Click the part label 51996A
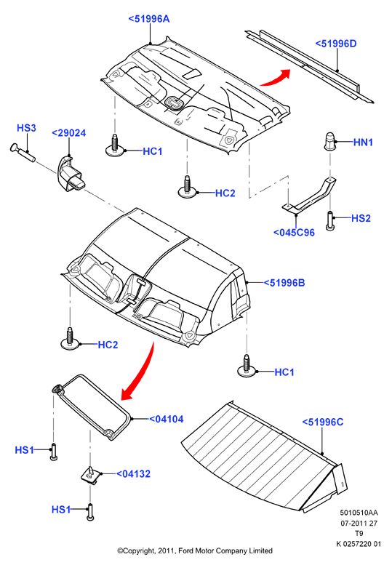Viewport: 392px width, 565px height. [x=149, y=19]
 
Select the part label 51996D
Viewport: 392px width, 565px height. [x=336, y=44]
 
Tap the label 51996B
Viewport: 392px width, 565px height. [x=284, y=283]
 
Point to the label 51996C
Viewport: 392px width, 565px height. [x=322, y=422]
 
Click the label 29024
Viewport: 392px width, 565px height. [x=69, y=133]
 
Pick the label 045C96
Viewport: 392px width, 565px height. [x=294, y=233]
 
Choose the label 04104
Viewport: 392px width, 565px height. [x=167, y=419]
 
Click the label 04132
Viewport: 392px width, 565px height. [x=133, y=474]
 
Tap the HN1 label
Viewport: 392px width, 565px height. [x=363, y=143]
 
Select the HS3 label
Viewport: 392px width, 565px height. [x=26, y=128]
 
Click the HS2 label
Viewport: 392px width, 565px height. [x=361, y=218]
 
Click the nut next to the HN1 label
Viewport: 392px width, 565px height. [x=329, y=141]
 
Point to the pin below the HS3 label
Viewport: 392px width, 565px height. [x=23, y=151]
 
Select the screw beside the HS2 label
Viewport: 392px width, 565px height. [x=329, y=220]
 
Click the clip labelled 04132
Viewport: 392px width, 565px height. [x=90, y=476]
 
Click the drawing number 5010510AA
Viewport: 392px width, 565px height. [x=359, y=513]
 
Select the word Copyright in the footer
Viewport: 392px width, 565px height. [x=138, y=550]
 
